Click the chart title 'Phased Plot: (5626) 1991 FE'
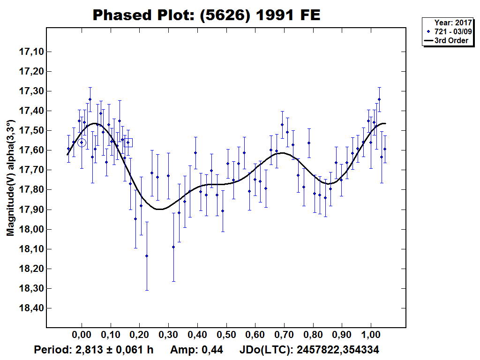pyautogui.click(x=206, y=15)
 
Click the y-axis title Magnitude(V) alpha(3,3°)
pyautogui.click(x=10, y=178)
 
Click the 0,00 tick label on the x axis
pyautogui.click(x=82, y=336)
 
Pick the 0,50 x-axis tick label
pyautogui.click(x=226, y=336)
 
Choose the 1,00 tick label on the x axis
pyautogui.click(x=371, y=336)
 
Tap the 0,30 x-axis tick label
pyautogui.click(x=168, y=336)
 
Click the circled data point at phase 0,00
pyautogui.click(x=82, y=142)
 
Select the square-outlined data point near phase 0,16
pyautogui.click(x=128, y=142)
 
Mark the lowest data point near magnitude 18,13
pyautogui.click(x=147, y=255)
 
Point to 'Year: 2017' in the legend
pyautogui.click(x=452, y=22)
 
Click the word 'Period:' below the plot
pyautogui.click(x=51, y=350)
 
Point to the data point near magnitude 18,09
pyautogui.click(x=173, y=247)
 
